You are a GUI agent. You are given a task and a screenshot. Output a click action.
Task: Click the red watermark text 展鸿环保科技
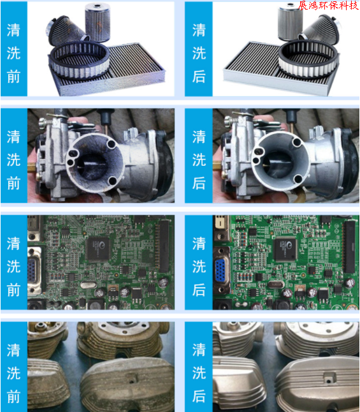click(x=329, y=5)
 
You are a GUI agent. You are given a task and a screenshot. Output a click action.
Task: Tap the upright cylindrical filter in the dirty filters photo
click(x=97, y=22)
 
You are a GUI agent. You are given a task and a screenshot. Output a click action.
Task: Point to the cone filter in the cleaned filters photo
click(x=321, y=29)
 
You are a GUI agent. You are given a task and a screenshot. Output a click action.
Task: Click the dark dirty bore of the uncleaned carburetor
click(x=92, y=166)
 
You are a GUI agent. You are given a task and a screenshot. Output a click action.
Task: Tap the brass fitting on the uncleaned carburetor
click(x=32, y=167)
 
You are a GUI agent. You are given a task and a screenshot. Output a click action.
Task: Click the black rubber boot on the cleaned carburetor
click(x=350, y=163)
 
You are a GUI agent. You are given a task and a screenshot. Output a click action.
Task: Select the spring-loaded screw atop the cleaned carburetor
click(x=229, y=121)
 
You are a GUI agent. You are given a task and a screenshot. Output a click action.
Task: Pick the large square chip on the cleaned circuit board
click(x=285, y=248)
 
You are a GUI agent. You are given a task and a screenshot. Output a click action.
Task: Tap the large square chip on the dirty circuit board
click(x=98, y=249)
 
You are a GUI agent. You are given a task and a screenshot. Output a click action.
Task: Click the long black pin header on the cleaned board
click(x=350, y=246)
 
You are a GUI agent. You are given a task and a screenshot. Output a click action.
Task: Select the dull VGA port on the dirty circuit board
click(x=32, y=270)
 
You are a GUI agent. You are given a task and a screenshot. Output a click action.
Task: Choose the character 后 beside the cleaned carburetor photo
click(x=199, y=183)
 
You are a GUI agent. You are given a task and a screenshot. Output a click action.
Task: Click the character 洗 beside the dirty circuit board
click(x=13, y=267)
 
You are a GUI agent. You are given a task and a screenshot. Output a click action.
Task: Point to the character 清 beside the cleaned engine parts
click(x=199, y=349)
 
